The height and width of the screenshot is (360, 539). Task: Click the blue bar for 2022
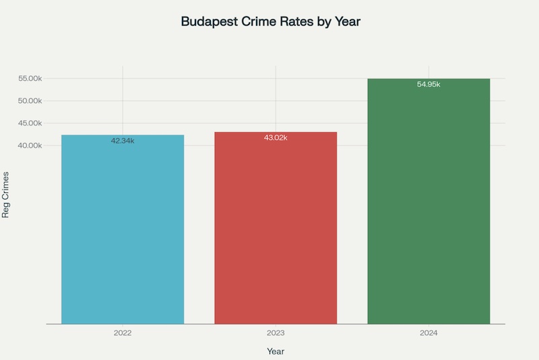(123, 229)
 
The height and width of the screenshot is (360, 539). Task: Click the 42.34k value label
(123, 141)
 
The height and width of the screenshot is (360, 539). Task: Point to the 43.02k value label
(276, 138)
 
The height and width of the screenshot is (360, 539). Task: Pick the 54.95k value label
(429, 84)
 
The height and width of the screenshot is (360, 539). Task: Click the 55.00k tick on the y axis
(30, 79)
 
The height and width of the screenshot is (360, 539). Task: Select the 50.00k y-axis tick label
(30, 101)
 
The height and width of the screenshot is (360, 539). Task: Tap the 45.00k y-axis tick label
(30, 123)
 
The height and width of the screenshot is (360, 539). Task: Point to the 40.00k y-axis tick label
(30, 146)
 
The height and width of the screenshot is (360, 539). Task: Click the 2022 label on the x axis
(123, 332)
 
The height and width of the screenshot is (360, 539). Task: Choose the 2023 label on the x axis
(276, 332)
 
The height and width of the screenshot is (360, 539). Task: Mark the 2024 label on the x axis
(429, 332)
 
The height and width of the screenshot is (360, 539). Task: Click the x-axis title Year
(276, 351)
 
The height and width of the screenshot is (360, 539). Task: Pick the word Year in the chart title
(348, 22)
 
